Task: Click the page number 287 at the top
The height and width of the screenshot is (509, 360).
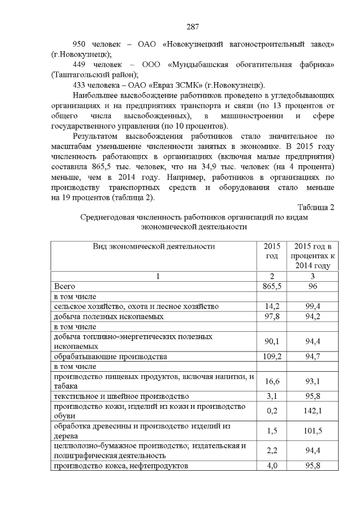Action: click(x=192, y=27)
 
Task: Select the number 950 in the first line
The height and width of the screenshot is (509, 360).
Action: click(x=83, y=44)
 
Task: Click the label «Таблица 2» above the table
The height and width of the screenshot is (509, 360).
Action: click(x=316, y=207)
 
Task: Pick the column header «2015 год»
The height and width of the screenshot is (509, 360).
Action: click(x=272, y=251)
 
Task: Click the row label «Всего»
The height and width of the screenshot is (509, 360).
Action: click(x=64, y=286)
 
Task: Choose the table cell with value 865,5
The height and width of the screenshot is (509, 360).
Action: click(x=272, y=286)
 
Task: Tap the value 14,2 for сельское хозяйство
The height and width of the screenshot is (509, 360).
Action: click(x=272, y=307)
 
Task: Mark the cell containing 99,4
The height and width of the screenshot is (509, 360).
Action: click(x=310, y=307)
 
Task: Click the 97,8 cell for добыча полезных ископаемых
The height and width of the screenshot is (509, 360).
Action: click(x=272, y=317)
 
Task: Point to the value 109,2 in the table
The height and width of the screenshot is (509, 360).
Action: click(x=272, y=357)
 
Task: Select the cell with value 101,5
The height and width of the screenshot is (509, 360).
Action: click(x=310, y=431)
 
